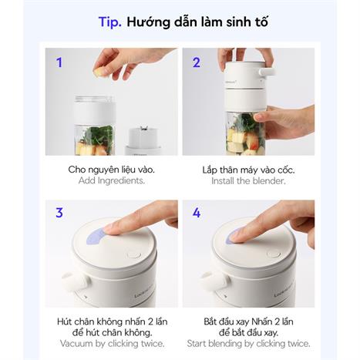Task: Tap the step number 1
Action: [59, 62]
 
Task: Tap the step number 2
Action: [197, 62]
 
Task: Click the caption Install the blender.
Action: [248, 181]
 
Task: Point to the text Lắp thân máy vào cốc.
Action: [248, 169]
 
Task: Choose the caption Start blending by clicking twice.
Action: [248, 344]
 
